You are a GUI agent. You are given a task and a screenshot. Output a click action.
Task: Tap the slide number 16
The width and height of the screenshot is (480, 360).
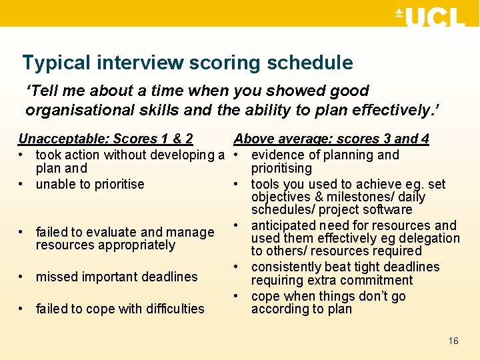point(453,341)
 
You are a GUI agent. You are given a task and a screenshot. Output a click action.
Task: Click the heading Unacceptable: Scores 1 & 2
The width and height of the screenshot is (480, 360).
point(105,139)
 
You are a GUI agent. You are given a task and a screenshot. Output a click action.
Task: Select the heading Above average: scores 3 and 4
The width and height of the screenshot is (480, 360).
point(331,139)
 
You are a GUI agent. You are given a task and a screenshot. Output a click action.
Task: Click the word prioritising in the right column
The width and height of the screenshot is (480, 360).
point(281,169)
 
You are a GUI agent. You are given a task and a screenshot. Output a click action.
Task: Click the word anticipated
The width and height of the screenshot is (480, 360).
point(287,225)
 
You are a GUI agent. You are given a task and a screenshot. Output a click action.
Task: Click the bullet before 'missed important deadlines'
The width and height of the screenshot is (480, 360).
point(22,277)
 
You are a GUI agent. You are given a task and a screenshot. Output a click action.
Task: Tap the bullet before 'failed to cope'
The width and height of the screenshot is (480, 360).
point(22,309)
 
